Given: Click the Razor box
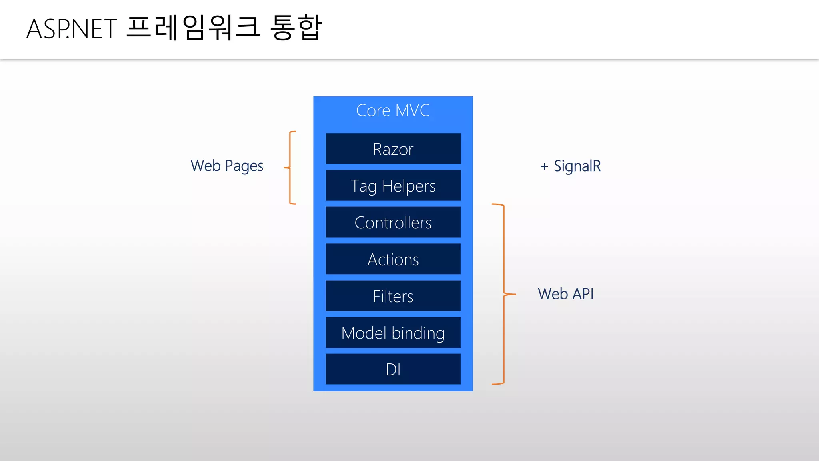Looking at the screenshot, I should (x=393, y=149).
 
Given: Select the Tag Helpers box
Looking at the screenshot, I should (x=393, y=186).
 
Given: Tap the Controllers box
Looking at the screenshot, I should (x=393, y=222).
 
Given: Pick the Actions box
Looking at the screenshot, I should (x=393, y=259).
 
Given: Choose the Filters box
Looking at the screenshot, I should (x=393, y=296).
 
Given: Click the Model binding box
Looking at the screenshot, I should (x=393, y=333).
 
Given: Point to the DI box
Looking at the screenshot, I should (x=393, y=369).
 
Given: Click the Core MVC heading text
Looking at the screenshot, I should (x=393, y=110).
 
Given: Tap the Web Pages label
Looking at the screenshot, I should (x=227, y=166).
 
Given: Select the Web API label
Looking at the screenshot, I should (x=565, y=294).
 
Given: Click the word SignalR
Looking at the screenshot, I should (x=577, y=166).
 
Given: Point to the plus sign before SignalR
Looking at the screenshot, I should (x=544, y=166).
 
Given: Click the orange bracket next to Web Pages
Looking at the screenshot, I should (x=290, y=168).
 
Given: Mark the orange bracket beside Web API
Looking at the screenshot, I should (x=504, y=294).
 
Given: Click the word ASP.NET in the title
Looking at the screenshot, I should (x=72, y=29).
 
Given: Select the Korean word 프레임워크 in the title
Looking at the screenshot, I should (x=193, y=28).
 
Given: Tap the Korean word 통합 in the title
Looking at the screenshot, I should (x=296, y=28).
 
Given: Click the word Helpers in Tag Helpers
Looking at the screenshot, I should (x=409, y=186).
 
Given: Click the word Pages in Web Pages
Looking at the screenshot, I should (x=244, y=166).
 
